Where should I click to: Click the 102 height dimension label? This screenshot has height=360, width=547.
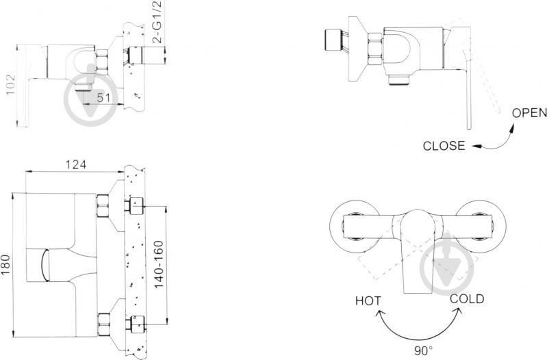11,84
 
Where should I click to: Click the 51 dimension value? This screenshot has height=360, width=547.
103,97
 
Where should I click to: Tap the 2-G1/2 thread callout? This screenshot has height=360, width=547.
158,23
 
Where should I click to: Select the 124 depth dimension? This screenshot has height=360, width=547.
76,164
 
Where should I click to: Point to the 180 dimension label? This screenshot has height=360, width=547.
6,264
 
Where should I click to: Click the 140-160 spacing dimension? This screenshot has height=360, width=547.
159,264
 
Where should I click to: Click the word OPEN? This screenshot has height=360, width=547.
529,113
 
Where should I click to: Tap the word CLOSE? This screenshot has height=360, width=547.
444,146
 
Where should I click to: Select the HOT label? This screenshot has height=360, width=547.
368,300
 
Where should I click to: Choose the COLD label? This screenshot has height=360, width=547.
467,299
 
